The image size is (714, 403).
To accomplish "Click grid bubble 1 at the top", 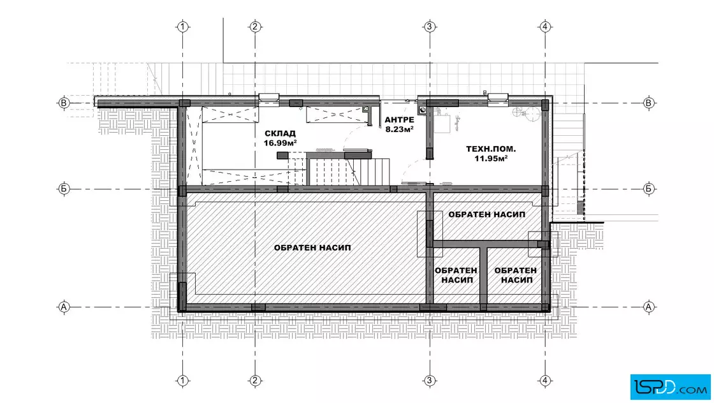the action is (x=182, y=27).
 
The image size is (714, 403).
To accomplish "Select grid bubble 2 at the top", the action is (x=255, y=27).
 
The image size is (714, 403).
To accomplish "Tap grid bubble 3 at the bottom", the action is (x=430, y=380).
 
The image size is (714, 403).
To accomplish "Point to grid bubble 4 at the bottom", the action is (x=545, y=380).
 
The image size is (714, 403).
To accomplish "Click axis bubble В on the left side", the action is (x=64, y=103).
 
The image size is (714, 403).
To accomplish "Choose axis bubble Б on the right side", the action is (x=649, y=189).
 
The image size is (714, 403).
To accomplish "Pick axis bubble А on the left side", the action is (x=64, y=307).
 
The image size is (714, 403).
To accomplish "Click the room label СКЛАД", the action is (x=280, y=133).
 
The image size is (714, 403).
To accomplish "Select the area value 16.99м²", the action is (x=280, y=143).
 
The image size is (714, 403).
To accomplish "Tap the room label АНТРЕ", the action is (x=399, y=120).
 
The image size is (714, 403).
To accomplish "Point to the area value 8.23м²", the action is (x=399, y=129).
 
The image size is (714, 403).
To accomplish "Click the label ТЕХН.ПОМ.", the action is (x=491, y=149).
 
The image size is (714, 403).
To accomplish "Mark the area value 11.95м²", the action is (x=491, y=159).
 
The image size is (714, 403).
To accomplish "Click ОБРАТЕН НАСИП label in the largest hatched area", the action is (x=312, y=247).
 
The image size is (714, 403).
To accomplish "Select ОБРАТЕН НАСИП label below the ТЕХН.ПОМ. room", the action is (x=487, y=214).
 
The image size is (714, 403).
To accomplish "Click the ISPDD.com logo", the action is (x=670, y=387).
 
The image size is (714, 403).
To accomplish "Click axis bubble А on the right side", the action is (x=649, y=307).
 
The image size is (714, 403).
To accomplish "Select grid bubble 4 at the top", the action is (x=545, y=27).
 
